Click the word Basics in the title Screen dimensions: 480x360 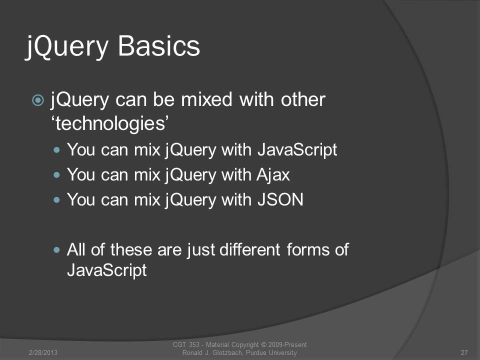159,46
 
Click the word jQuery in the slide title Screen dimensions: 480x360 67,47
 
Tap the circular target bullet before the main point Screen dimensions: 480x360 38,100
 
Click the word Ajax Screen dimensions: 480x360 273,175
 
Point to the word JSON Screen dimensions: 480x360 280,199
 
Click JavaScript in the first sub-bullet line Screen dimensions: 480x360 297,150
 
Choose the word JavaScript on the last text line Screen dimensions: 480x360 106,270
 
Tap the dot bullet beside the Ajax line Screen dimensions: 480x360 56,175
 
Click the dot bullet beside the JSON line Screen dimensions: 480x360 56,200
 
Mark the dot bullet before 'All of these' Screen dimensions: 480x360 56,250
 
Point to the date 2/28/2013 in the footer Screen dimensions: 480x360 43,352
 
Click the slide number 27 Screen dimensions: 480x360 464,352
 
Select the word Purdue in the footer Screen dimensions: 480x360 256,352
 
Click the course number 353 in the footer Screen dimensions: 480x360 194,345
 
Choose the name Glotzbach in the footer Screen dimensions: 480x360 227,352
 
